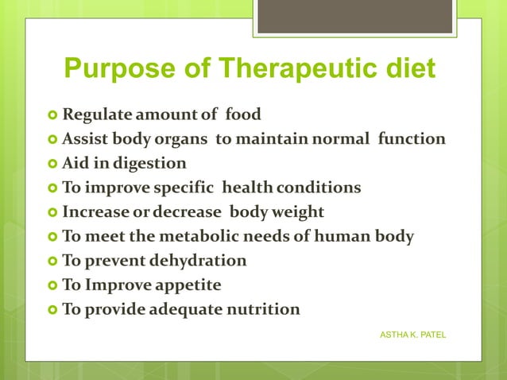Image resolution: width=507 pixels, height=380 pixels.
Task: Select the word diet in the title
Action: (x=408, y=69)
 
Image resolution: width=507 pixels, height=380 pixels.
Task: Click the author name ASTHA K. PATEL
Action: (x=413, y=335)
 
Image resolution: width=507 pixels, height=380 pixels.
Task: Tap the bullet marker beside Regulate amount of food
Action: (x=52, y=115)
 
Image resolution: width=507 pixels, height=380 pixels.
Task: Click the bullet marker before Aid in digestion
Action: (x=52, y=164)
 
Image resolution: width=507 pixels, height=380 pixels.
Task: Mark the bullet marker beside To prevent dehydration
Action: (x=52, y=261)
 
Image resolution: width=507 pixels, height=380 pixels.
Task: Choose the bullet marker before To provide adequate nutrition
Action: (x=52, y=309)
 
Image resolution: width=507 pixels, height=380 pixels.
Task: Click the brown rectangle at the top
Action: (x=355, y=16)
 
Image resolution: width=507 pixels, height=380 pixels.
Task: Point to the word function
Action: (x=411, y=139)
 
